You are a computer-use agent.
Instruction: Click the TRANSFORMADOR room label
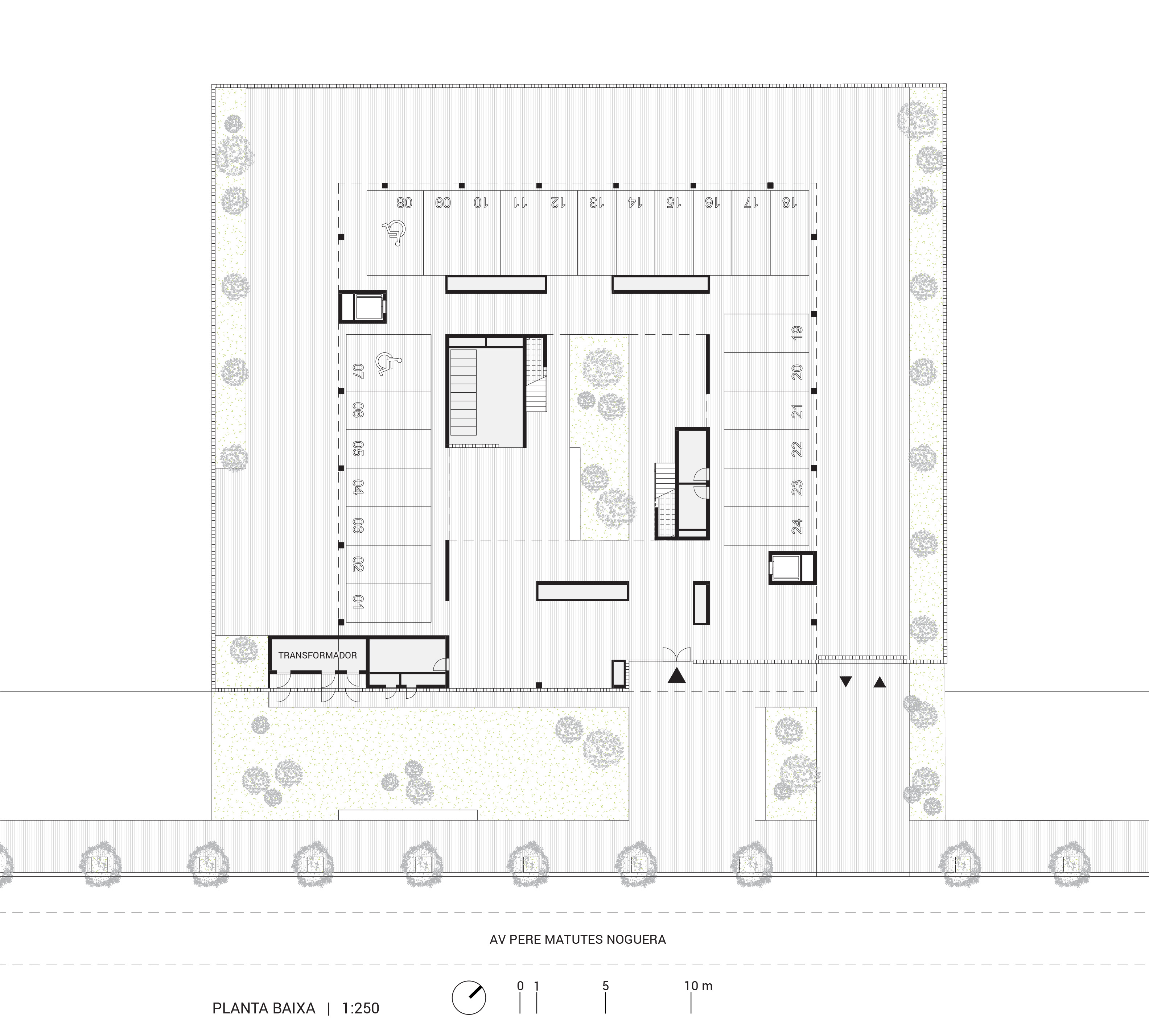[x=317, y=655]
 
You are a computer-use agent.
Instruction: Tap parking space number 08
[x=404, y=202]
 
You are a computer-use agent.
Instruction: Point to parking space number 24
[x=797, y=526]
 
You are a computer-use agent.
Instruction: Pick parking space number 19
[x=797, y=333]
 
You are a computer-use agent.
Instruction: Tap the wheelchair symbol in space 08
[x=394, y=233]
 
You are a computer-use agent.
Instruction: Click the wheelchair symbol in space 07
[x=388, y=363]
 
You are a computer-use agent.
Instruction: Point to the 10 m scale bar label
[x=698, y=986]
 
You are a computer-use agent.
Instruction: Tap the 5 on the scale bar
[x=606, y=986]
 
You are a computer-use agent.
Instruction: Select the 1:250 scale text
[x=361, y=1008]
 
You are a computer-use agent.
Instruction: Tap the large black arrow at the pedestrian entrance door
[x=677, y=675]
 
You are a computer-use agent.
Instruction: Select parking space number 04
[x=358, y=487]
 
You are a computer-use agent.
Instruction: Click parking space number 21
[x=797, y=410]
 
